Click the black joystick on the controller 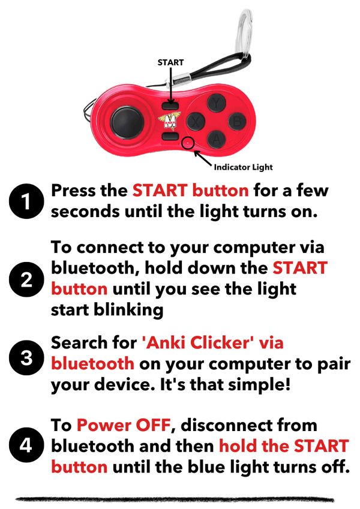pyautogui.click(x=128, y=122)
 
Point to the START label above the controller pyautogui.click(x=170, y=62)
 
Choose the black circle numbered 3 pyautogui.click(x=26, y=359)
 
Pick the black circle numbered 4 pyautogui.click(x=26, y=447)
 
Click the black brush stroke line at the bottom pyautogui.click(x=180, y=498)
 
